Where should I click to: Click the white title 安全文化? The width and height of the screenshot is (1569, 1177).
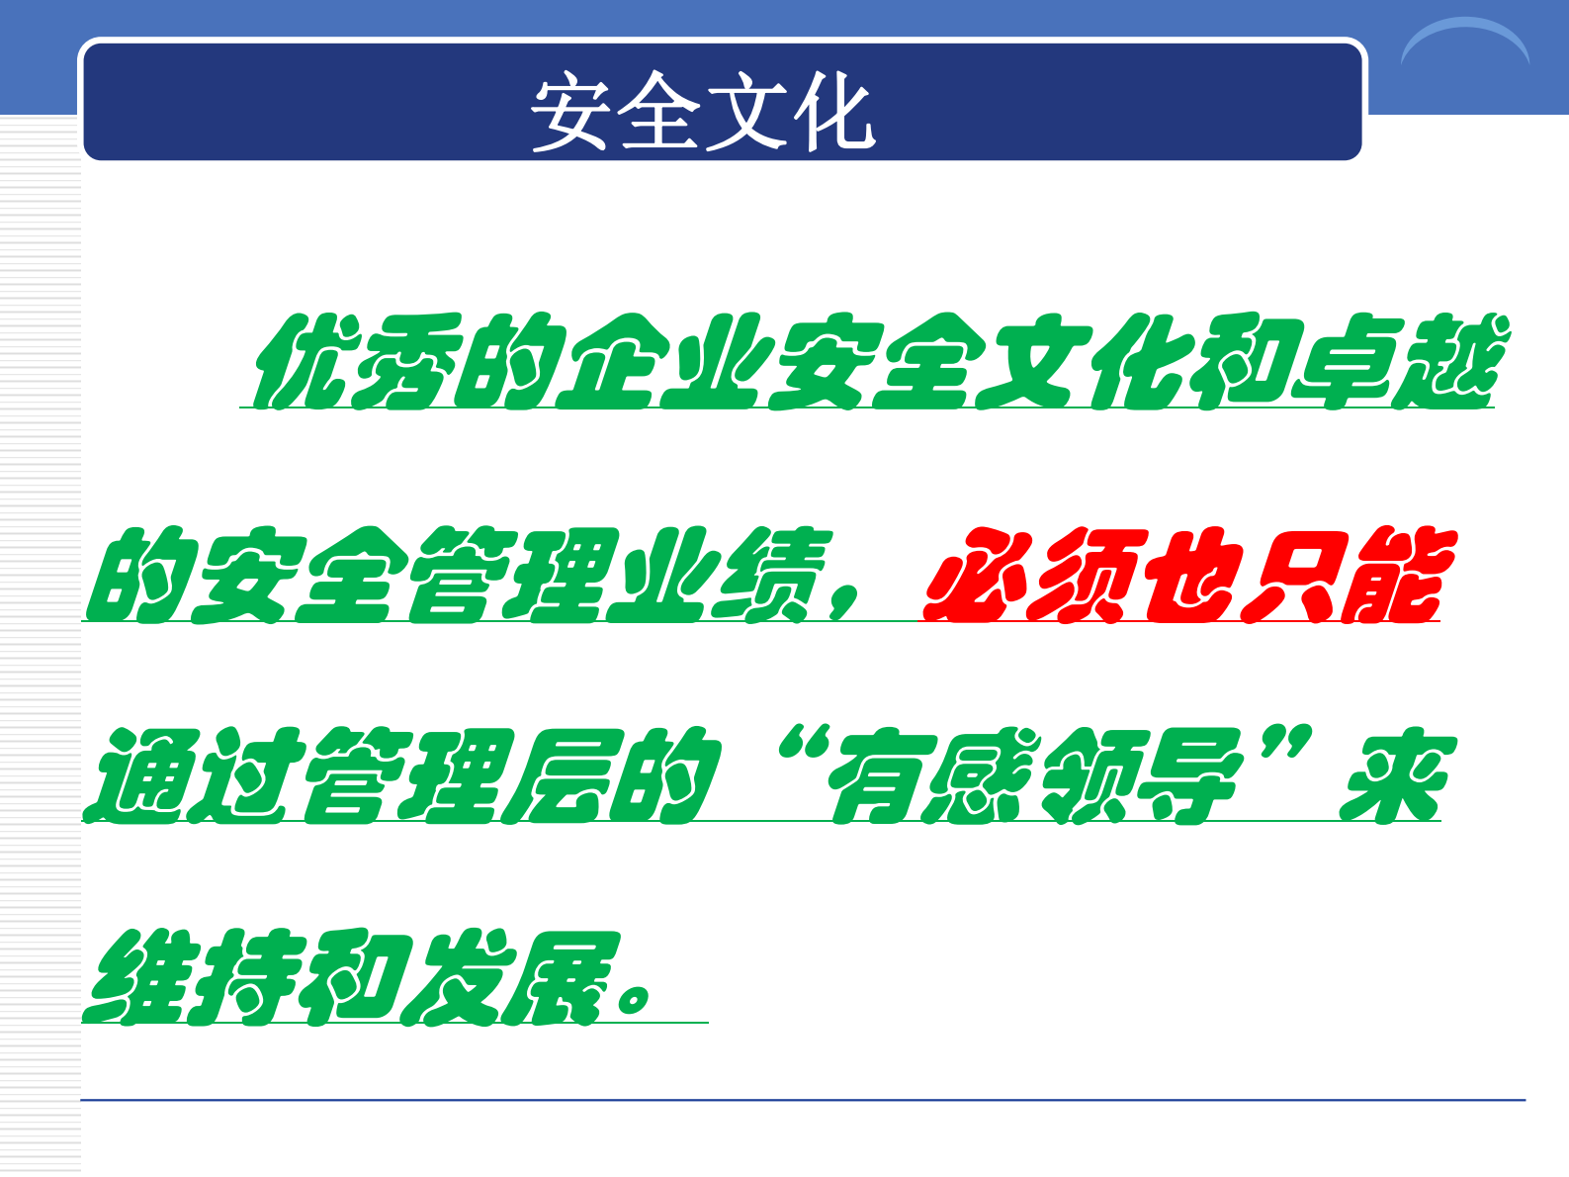pos(702,112)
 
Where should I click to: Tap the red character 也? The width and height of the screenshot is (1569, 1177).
pos(1188,576)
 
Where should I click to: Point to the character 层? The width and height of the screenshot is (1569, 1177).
pos(559,776)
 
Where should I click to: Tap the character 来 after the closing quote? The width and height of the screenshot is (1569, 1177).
pos(1394,776)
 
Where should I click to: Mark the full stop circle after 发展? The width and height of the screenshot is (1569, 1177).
pos(634,999)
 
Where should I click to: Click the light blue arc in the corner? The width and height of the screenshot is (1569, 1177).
pos(1464,40)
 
